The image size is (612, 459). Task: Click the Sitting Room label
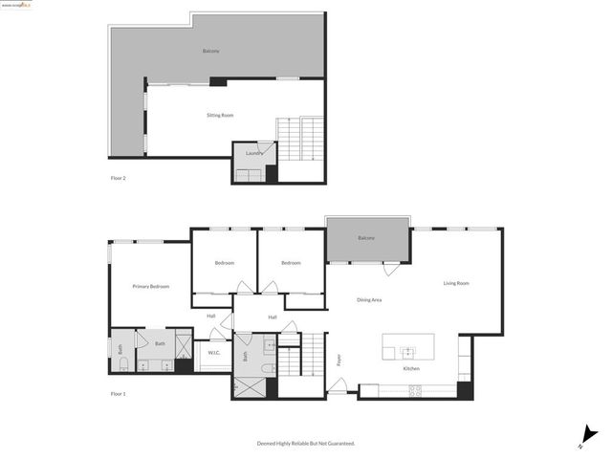[x=220, y=116]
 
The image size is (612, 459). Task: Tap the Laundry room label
[x=253, y=153]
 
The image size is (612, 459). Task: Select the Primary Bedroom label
[x=151, y=286]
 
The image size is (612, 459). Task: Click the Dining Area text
[x=370, y=300]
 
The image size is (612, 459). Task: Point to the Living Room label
[x=456, y=283]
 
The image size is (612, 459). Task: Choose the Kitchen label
[x=411, y=368]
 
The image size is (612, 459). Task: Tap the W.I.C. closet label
[x=214, y=353]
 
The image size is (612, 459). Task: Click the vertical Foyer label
[x=339, y=361]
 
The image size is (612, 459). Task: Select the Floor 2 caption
[x=118, y=178]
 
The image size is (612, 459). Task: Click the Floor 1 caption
[x=118, y=394]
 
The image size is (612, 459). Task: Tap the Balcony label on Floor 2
[x=211, y=51]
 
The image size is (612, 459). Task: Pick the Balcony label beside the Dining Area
[x=366, y=238]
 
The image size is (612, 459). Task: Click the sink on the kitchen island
[x=406, y=351]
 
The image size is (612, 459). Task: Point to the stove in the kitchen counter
[x=416, y=388]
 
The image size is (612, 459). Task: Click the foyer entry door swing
[x=337, y=385]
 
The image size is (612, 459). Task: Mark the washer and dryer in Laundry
[x=252, y=174]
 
